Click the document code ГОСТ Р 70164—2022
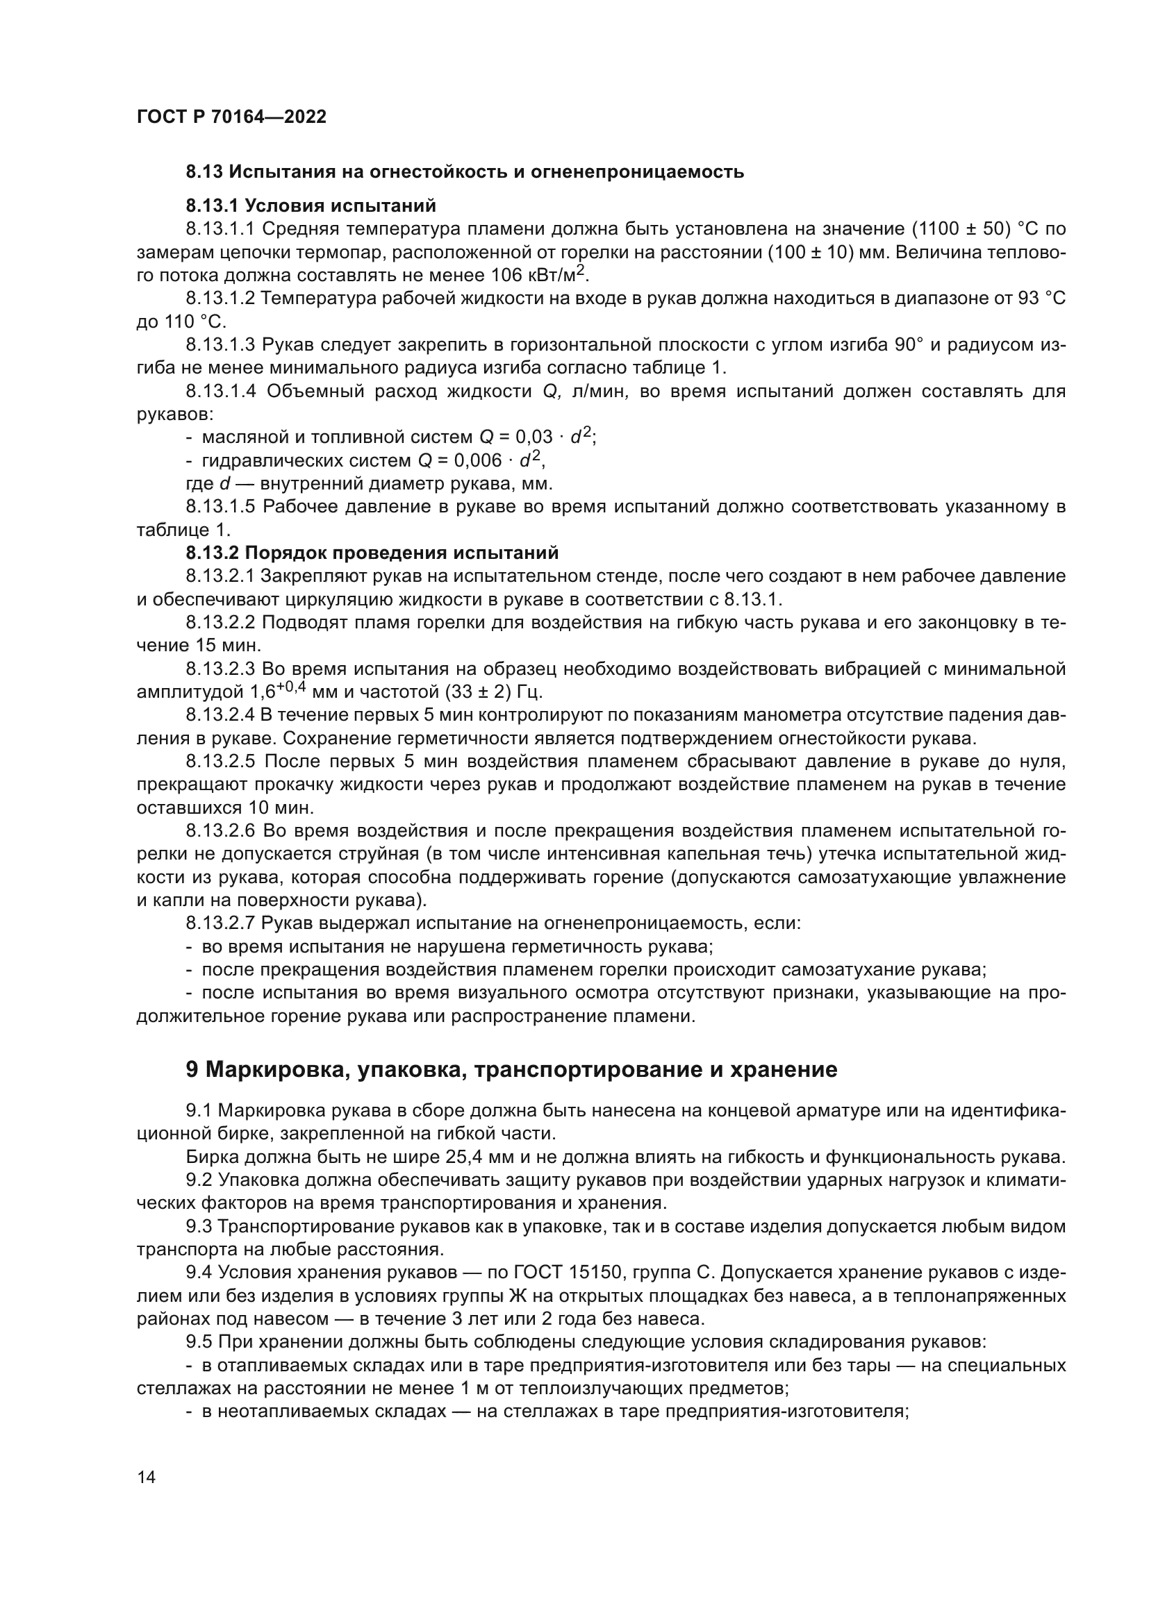(x=231, y=117)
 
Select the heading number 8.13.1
(x=212, y=206)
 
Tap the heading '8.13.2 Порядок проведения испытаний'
(x=372, y=553)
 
